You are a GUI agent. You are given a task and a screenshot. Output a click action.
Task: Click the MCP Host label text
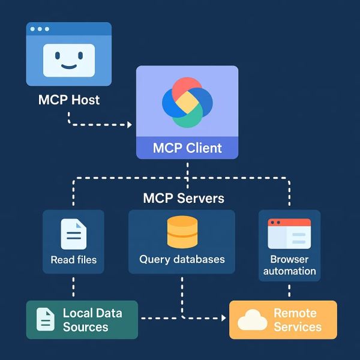coord(69,100)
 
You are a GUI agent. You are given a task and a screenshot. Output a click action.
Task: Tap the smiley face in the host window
coord(69,59)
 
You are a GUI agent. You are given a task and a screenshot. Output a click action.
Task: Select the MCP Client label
coord(187,148)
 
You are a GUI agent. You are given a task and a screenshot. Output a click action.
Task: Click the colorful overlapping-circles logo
coord(187,102)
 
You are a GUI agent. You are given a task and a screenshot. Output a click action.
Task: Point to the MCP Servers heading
coord(184,198)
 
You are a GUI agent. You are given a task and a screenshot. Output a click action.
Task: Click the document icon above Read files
coord(73,234)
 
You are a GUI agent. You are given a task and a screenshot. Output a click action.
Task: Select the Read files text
coord(73,260)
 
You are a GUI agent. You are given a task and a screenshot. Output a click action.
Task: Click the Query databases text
coord(182,260)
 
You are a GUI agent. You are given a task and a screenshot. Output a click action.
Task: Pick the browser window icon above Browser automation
coord(289,233)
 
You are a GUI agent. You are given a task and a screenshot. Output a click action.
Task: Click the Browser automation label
coord(289,265)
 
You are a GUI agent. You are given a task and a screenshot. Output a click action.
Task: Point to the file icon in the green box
coord(46,319)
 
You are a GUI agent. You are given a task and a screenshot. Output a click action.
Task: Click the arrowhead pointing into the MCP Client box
coord(129,125)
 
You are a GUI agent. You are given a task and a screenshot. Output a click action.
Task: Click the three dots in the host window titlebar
coord(40,29)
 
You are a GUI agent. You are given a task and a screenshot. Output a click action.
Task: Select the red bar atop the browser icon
coord(289,223)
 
